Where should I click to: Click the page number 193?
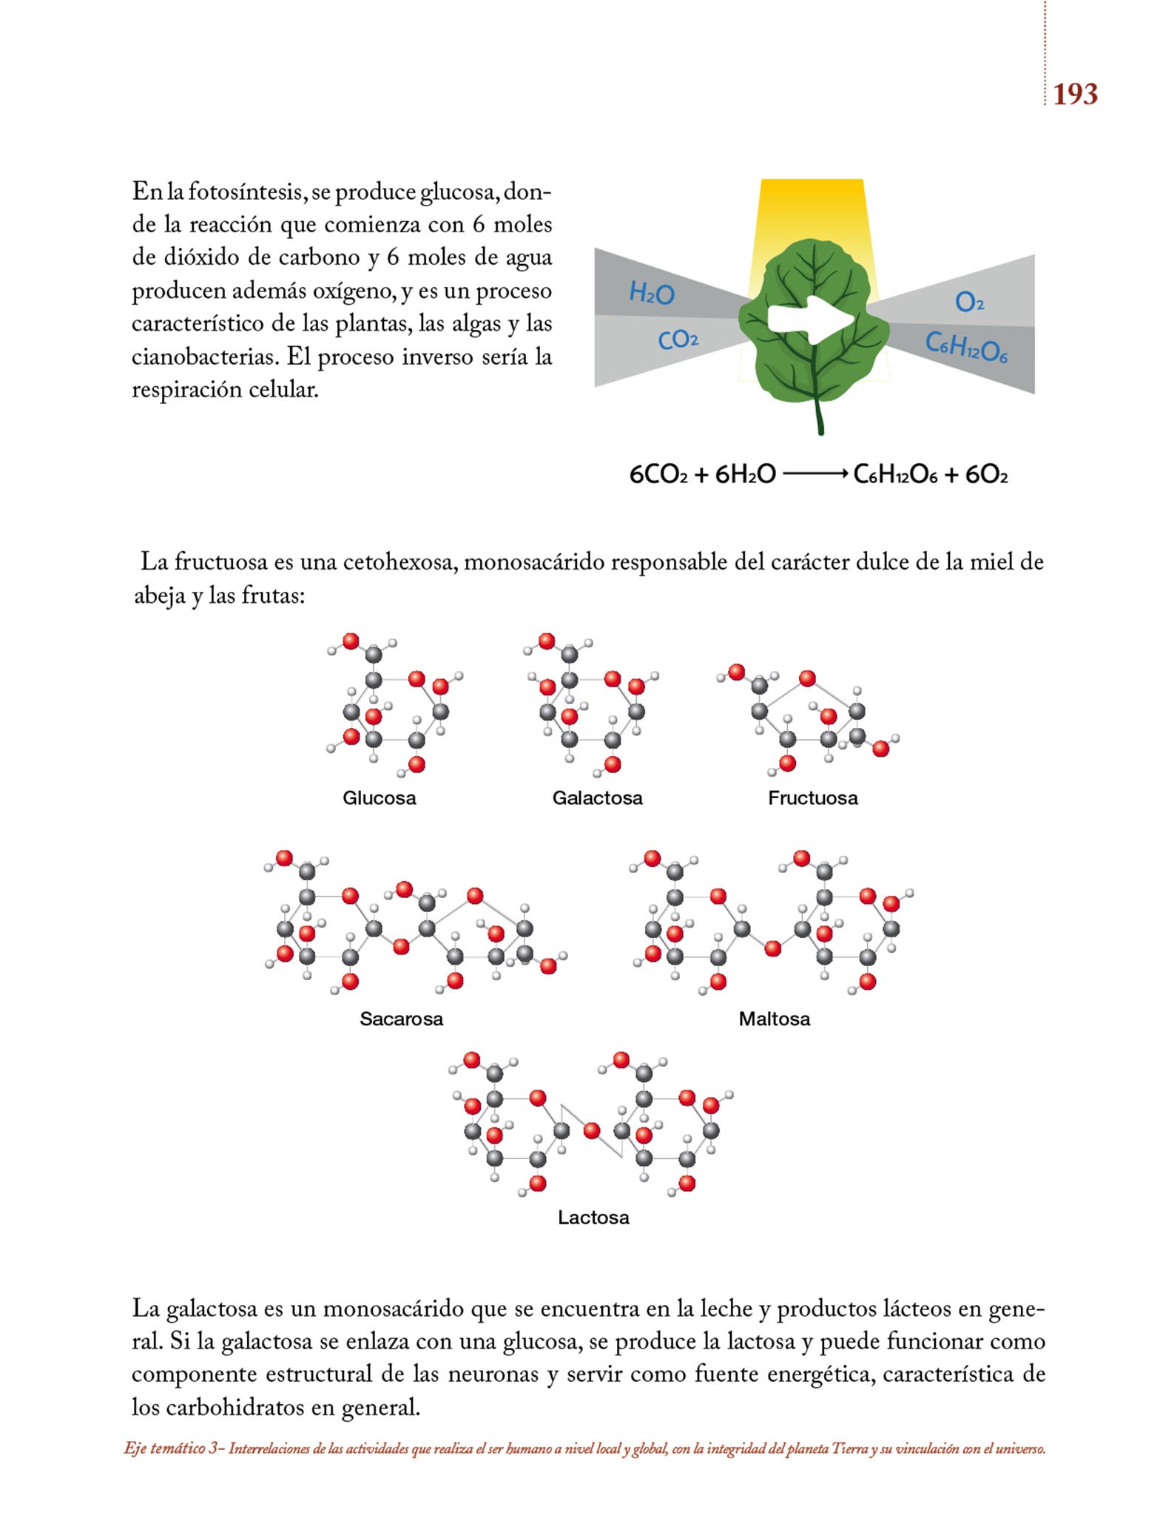(1075, 94)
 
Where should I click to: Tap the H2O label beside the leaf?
(651, 294)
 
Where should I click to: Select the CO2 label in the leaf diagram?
(678, 340)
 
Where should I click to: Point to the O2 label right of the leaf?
(969, 302)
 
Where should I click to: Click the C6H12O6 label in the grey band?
(966, 347)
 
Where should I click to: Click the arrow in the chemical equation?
(814, 474)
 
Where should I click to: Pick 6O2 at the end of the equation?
(986, 474)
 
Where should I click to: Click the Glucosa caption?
(379, 798)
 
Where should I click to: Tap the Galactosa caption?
(597, 798)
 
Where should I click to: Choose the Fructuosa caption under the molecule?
(812, 798)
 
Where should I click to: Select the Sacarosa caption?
(401, 1019)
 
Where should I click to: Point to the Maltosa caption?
(774, 1019)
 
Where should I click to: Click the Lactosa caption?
(593, 1218)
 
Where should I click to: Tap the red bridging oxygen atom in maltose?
(772, 948)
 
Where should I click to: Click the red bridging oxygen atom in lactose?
(591, 1130)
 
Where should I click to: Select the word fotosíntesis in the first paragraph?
(246, 192)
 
